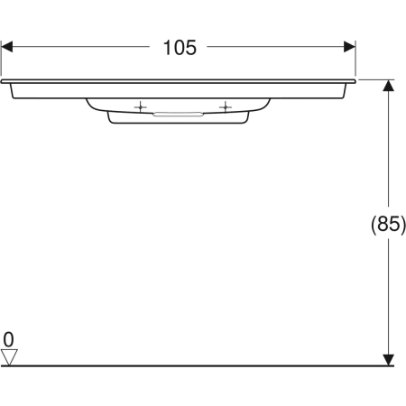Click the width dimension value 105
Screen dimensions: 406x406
180,48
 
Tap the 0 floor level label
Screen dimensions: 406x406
9,339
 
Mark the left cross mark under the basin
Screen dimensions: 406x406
140,108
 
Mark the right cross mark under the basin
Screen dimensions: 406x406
221,108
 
